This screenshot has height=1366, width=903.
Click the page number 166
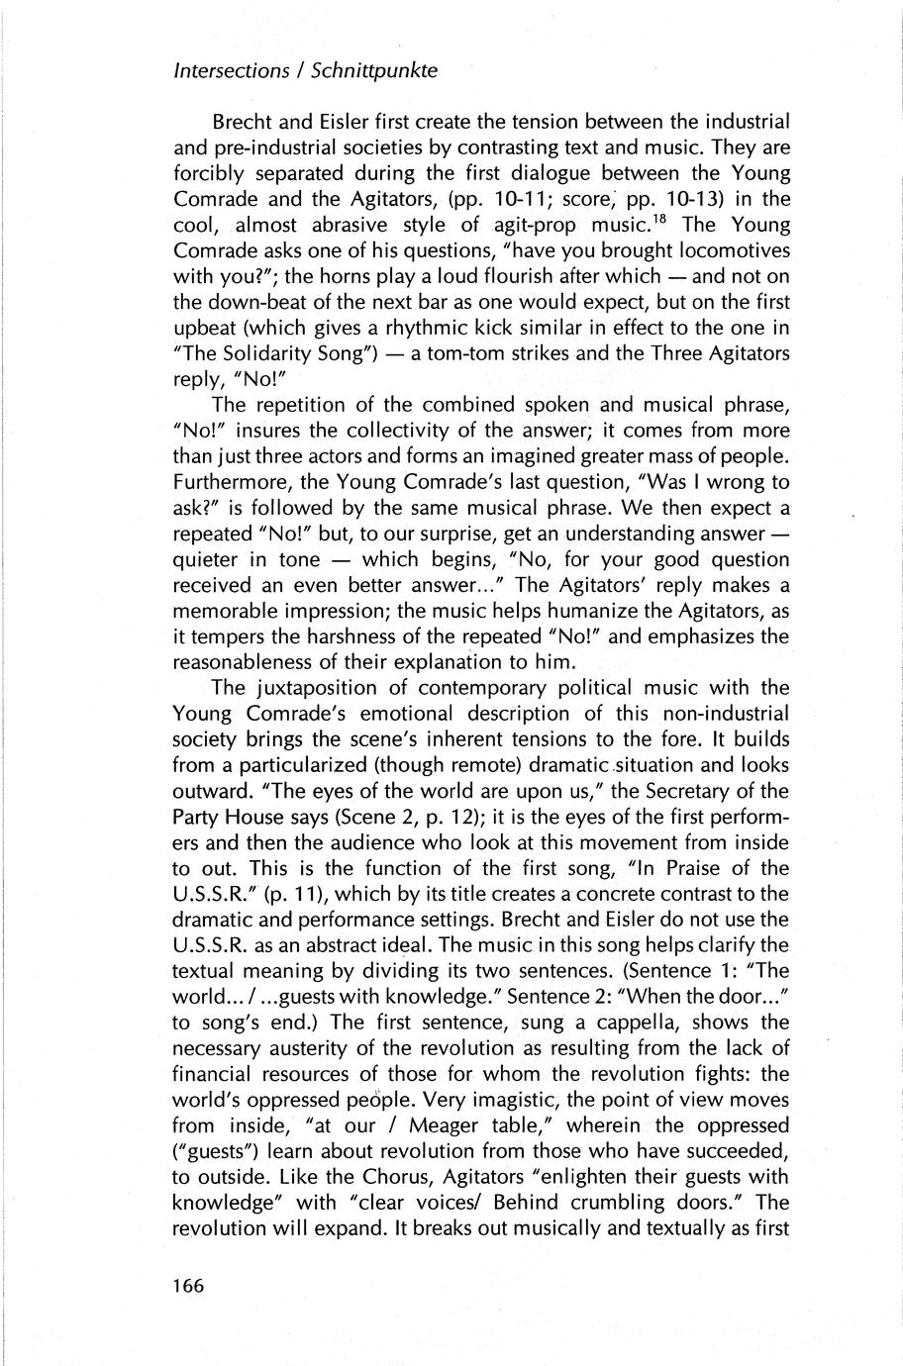(187, 1286)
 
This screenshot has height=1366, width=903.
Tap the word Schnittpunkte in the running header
(373, 71)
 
